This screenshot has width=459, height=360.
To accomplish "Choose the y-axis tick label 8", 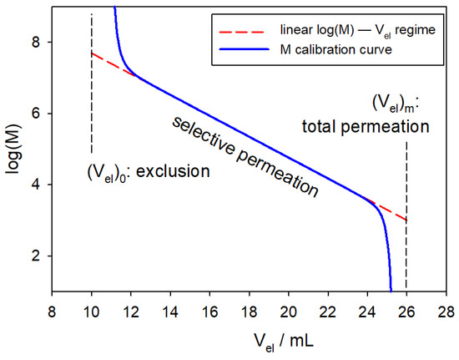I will point(36,42).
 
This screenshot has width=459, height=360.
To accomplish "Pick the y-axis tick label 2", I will point(36,256).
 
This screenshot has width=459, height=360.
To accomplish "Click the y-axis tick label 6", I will point(36,113).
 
